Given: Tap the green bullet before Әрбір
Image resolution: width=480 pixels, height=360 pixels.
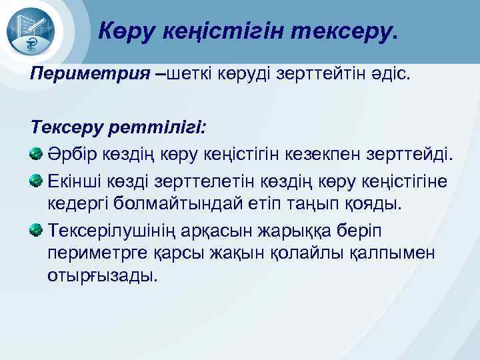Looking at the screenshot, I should click(38, 154).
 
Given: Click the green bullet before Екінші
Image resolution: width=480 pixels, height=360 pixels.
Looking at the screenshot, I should click(38, 180).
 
